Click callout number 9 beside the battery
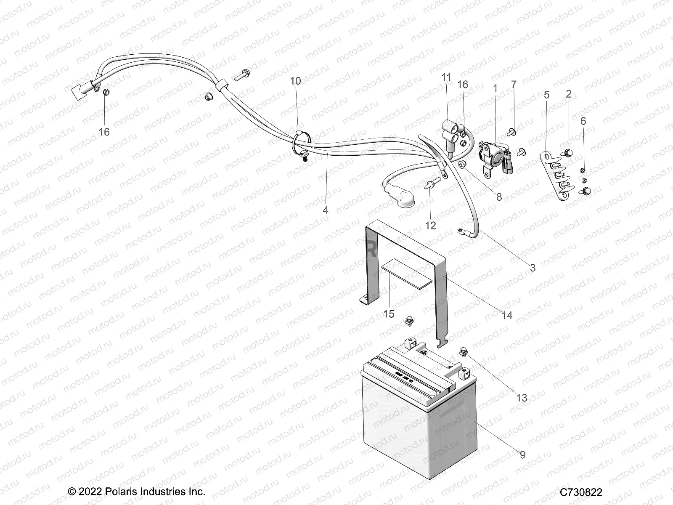pos(522,455)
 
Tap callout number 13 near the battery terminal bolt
pos(522,398)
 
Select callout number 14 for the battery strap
pos(507,315)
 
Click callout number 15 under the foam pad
pos(389,314)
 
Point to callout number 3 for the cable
pos(533,268)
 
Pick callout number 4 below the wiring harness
pos(326,210)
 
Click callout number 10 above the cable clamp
pos(296,81)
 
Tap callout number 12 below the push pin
pos(430,226)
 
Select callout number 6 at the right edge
pos(583,121)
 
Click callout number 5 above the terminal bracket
pos(546,95)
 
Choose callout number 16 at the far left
pos(104,132)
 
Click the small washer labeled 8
pos(462,164)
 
